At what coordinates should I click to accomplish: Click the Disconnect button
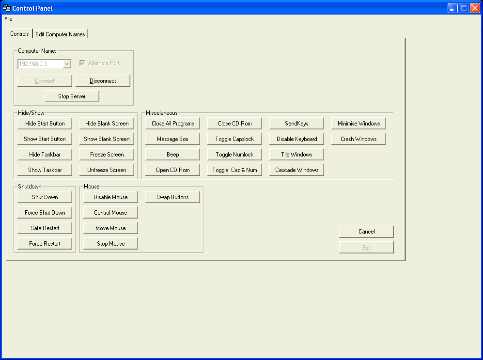[103, 81]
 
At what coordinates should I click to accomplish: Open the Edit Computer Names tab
[60, 34]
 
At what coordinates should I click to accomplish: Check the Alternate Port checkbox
[82, 63]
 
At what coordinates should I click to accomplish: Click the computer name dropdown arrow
[67, 64]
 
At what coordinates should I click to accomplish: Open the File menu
[8, 19]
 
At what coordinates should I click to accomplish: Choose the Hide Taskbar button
[45, 155]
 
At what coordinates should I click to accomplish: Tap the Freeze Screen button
[107, 155]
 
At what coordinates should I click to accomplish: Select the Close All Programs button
[172, 124]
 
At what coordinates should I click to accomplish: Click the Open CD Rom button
[172, 170]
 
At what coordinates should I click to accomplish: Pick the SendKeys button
[296, 124]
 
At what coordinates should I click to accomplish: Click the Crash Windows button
[358, 139]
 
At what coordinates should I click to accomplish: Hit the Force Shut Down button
[45, 213]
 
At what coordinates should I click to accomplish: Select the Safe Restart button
[45, 228]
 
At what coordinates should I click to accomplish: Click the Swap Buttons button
[172, 197]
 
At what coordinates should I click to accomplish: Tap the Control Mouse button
[110, 213]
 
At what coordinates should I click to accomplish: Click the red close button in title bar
[475, 8]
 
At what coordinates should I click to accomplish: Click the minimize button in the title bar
[452, 8]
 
